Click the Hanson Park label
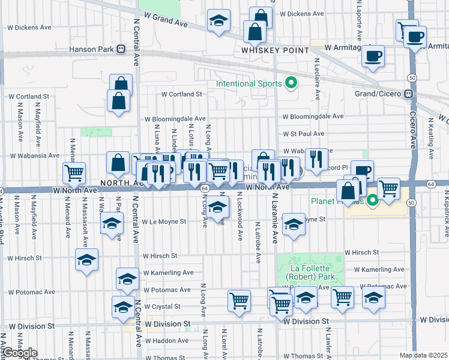[92, 49]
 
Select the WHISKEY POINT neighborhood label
[274, 50]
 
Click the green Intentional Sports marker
[292, 83]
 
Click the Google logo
[19, 353]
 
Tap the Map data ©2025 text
[423, 355]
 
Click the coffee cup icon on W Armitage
[373, 56]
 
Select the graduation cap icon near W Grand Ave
[218, 20]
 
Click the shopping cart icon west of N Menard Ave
[74, 173]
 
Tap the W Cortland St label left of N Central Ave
[28, 96]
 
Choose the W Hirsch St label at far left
[24, 259]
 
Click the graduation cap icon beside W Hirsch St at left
[87, 260]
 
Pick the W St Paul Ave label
[303, 134]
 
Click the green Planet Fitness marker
[373, 200]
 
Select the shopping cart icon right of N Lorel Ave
[239, 301]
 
